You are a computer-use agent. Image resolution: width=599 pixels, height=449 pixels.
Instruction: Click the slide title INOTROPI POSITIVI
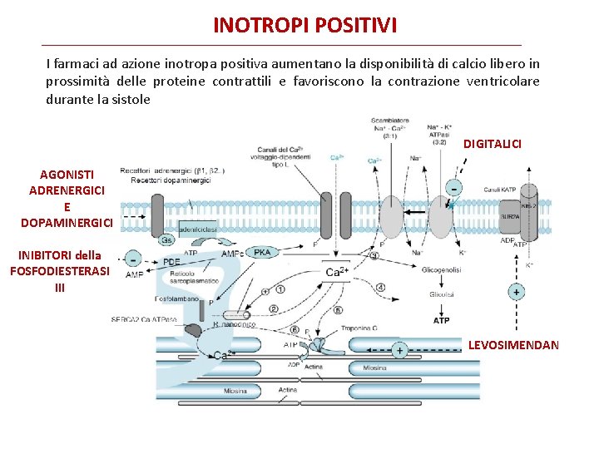pyautogui.click(x=305, y=25)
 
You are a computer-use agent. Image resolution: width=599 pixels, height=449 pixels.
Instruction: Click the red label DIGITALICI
pyautogui.click(x=493, y=144)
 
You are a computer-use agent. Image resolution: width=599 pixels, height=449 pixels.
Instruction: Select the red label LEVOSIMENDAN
pyautogui.click(x=513, y=344)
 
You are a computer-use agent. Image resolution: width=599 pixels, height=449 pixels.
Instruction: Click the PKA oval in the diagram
pyautogui.click(x=262, y=253)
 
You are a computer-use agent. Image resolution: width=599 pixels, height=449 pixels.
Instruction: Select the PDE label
pyautogui.click(x=171, y=262)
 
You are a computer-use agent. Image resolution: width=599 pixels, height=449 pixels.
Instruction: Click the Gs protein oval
pyautogui.click(x=166, y=239)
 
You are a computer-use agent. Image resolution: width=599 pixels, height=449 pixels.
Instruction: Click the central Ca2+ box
pyautogui.click(x=337, y=272)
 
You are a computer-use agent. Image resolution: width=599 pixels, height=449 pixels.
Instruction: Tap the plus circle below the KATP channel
pyautogui.click(x=517, y=292)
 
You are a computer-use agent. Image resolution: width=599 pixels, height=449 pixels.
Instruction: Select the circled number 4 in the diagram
pyautogui.click(x=380, y=288)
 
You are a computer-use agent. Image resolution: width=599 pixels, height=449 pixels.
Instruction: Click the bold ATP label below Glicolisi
pyautogui.click(x=442, y=320)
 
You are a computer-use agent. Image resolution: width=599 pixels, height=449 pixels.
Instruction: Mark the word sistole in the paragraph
pyautogui.click(x=133, y=99)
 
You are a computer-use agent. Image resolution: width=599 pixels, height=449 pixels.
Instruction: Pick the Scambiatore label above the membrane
pyautogui.click(x=389, y=121)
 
